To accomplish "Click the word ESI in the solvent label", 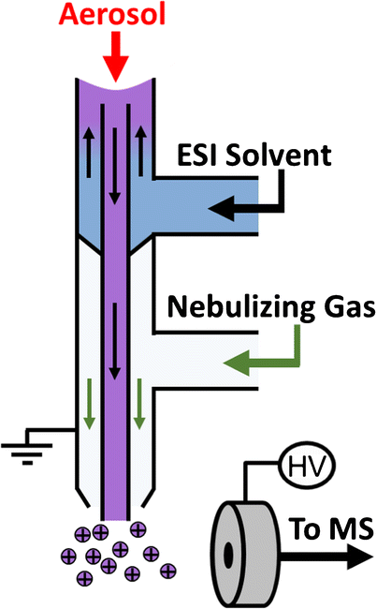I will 198,154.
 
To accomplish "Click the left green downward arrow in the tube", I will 87,399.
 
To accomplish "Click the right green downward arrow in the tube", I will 140,399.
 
